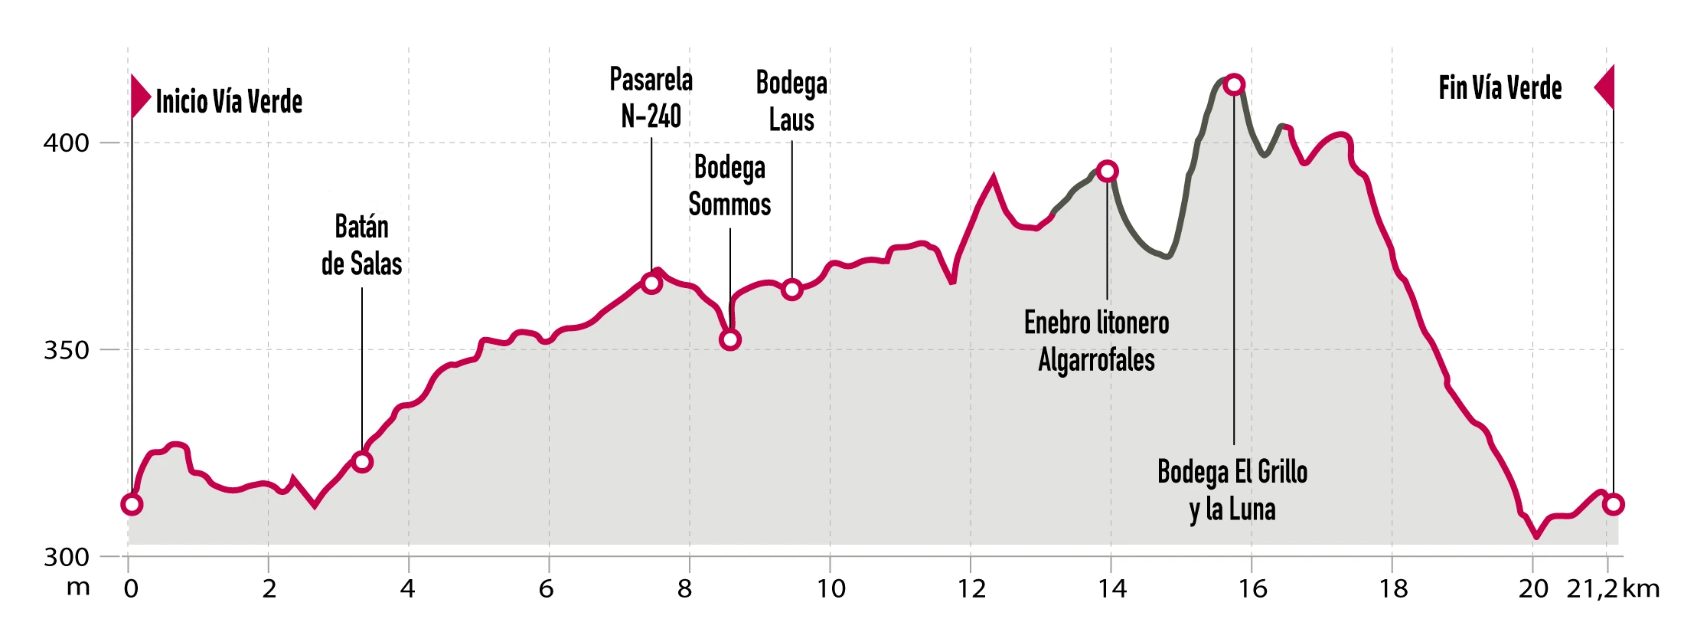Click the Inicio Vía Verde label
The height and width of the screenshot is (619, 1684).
[229, 101]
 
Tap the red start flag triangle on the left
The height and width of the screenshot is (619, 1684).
[140, 97]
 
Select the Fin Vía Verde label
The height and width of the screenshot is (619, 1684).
[1500, 88]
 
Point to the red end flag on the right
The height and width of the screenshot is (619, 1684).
[1605, 87]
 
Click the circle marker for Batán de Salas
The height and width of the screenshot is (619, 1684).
[362, 461]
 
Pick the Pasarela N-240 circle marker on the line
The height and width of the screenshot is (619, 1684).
[651, 283]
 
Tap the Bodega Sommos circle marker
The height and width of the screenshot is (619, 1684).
[730, 339]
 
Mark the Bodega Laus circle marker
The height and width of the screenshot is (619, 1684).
[792, 289]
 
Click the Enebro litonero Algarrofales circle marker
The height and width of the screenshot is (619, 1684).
[1107, 171]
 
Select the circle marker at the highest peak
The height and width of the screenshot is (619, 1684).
[1234, 84]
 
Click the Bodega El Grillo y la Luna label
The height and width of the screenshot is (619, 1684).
[1232, 490]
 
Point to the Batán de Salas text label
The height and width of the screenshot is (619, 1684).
[361, 245]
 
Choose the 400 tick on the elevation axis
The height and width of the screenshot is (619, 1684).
[66, 142]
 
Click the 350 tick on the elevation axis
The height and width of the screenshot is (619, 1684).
[66, 350]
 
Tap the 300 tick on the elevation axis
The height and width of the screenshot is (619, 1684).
[66, 557]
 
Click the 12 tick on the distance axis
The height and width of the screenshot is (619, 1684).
[971, 588]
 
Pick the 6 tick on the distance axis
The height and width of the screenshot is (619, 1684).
[547, 588]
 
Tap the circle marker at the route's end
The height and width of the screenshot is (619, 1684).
[1614, 504]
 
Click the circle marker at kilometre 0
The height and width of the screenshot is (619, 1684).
[132, 504]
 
